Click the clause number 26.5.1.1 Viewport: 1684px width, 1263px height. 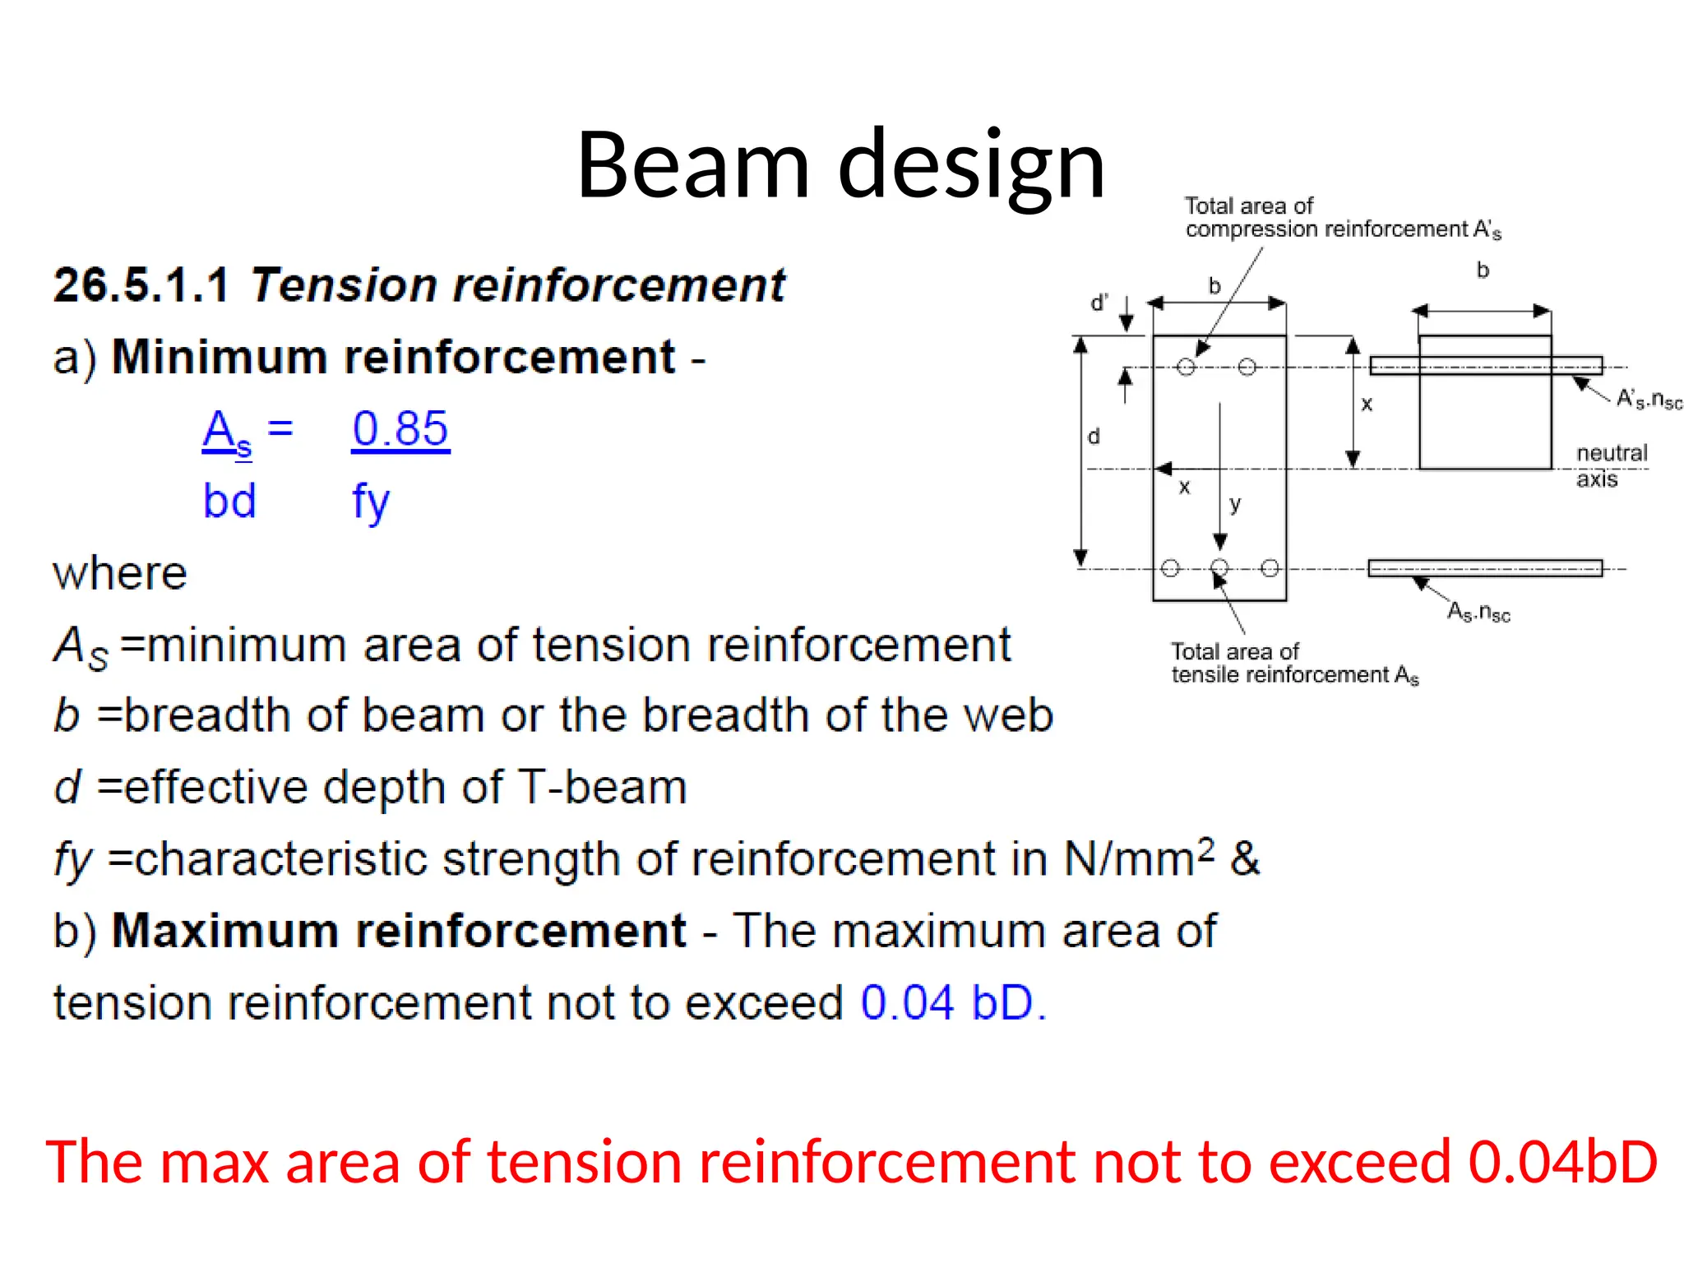pos(141,285)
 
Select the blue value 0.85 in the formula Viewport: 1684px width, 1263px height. pos(400,428)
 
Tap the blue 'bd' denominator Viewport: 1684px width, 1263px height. pos(229,501)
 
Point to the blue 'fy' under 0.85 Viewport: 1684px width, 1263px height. pos(370,501)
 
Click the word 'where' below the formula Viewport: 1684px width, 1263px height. pos(120,573)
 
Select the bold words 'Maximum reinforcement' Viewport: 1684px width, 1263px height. pos(398,931)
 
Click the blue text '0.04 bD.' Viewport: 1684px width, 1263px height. pos(953,1002)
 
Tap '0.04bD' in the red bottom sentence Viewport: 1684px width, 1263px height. pos(1562,1162)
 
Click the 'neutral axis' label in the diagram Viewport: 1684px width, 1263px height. pos(1611,465)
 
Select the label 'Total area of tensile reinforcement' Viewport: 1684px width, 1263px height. pos(1293,663)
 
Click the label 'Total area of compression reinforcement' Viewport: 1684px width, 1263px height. pos(1342,218)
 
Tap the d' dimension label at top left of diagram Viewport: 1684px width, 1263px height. pos(1099,303)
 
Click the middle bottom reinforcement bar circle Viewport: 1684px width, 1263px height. pos(1219,567)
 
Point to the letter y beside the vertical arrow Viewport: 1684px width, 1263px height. pos(1234,503)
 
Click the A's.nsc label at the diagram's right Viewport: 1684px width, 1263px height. pos(1648,400)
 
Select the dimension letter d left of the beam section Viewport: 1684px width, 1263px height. pos(1094,437)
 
